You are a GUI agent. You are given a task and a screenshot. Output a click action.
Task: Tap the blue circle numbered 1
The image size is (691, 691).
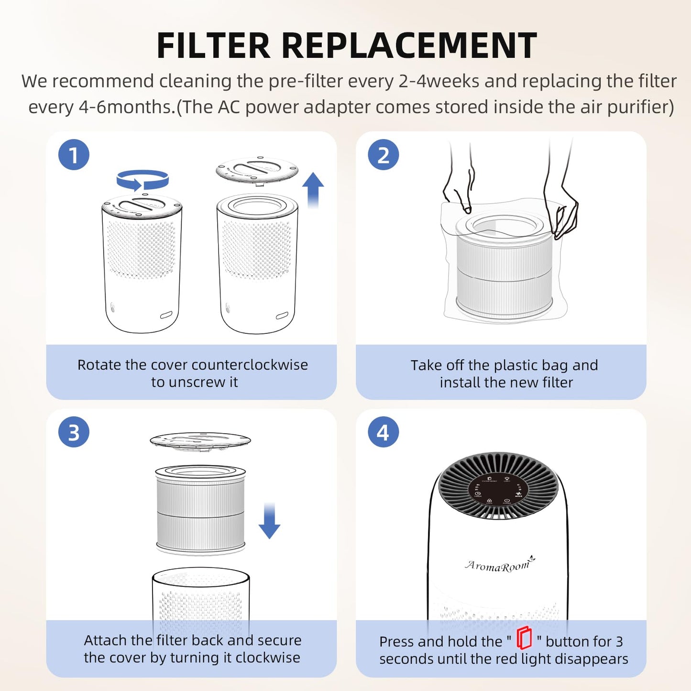pyautogui.click(x=74, y=155)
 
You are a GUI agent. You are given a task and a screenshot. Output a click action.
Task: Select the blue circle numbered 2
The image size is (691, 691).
pyautogui.click(x=383, y=155)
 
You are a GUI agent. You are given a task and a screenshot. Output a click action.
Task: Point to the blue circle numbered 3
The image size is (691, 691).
pyautogui.click(x=74, y=432)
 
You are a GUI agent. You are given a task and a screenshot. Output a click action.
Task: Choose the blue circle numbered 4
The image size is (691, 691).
pyautogui.click(x=383, y=432)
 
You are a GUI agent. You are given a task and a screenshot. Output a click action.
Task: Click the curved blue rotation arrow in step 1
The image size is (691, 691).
pyautogui.click(x=143, y=181)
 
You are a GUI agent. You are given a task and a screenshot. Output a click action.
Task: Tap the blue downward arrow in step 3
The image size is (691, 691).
pyautogui.click(x=269, y=521)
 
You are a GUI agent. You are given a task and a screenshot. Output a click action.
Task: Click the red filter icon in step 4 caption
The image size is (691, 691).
pyautogui.click(x=524, y=638)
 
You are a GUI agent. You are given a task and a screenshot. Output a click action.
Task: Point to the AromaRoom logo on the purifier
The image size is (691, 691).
pyautogui.click(x=499, y=565)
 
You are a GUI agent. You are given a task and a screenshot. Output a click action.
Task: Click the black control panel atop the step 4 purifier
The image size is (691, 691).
pyautogui.click(x=498, y=490)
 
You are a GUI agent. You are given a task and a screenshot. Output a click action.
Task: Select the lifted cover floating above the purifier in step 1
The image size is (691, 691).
pyautogui.click(x=257, y=170)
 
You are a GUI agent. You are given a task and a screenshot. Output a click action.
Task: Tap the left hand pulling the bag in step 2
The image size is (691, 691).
pyautogui.click(x=458, y=186)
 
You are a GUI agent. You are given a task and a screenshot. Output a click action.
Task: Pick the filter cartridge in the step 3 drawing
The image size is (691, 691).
pyautogui.click(x=200, y=509)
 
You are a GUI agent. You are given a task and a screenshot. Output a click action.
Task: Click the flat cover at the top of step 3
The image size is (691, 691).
pyautogui.click(x=200, y=440)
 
